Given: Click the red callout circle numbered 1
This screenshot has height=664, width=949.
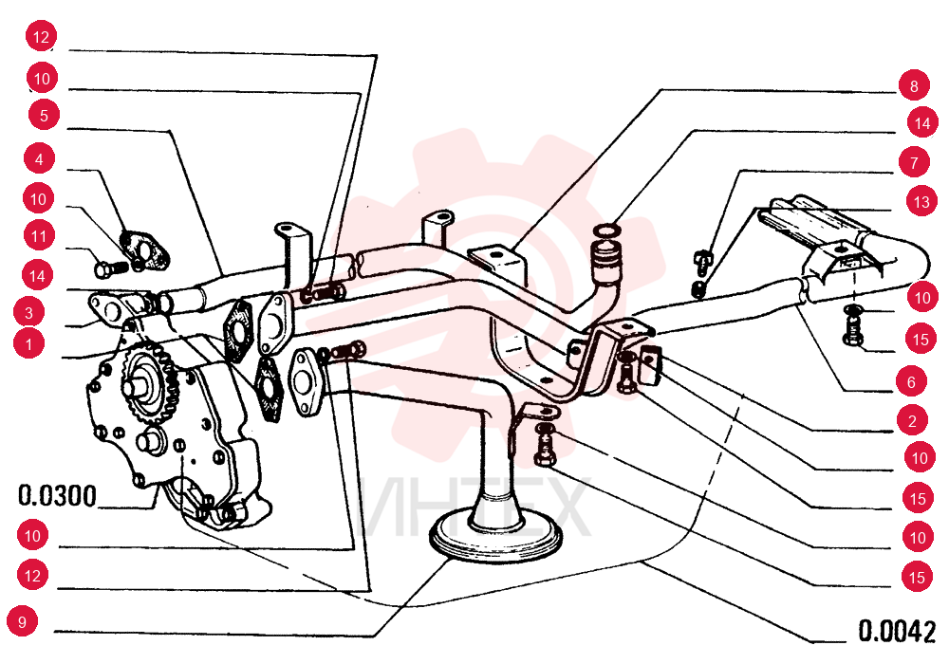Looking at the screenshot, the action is (29, 344).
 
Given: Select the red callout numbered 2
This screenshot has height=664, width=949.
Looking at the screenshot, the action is (912, 421).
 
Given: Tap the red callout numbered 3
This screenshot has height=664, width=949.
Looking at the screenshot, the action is (29, 313).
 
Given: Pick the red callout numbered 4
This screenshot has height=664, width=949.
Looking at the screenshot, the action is (39, 159).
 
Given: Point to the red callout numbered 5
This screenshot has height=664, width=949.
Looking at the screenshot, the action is (44, 115).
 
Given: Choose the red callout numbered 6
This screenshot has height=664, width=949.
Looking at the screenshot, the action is (911, 381).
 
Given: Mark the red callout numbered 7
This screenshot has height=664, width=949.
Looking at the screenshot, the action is (914, 162).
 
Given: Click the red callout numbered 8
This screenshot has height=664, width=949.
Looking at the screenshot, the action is (914, 86).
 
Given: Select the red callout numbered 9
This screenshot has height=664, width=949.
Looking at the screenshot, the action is (23, 621).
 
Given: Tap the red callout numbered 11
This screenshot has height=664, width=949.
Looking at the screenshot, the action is (39, 235).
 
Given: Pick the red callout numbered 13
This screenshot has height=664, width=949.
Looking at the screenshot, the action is (921, 201).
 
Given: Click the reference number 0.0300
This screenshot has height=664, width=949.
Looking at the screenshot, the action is (57, 496).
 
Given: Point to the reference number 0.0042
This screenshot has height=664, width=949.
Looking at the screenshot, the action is (897, 631).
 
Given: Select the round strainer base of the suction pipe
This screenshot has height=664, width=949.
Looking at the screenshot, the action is (495, 535).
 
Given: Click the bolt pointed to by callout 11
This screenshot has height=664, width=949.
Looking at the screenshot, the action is (111, 267).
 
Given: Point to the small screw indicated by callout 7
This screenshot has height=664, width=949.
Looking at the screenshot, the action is (702, 258).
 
